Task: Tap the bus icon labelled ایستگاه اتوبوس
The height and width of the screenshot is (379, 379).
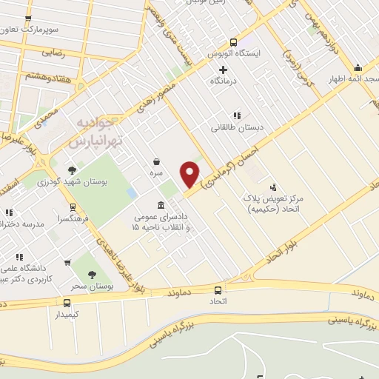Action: tap(234, 42)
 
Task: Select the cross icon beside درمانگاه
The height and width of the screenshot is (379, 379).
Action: tap(223, 69)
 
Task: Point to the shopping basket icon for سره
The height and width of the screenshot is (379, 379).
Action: tap(157, 161)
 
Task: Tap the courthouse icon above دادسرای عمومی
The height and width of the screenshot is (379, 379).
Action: tap(161, 205)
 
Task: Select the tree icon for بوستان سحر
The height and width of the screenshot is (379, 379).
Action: tap(92, 275)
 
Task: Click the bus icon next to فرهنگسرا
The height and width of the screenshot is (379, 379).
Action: tap(73, 207)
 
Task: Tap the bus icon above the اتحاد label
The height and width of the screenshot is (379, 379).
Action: tap(218, 290)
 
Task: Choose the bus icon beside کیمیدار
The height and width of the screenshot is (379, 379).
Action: tap(67, 302)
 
